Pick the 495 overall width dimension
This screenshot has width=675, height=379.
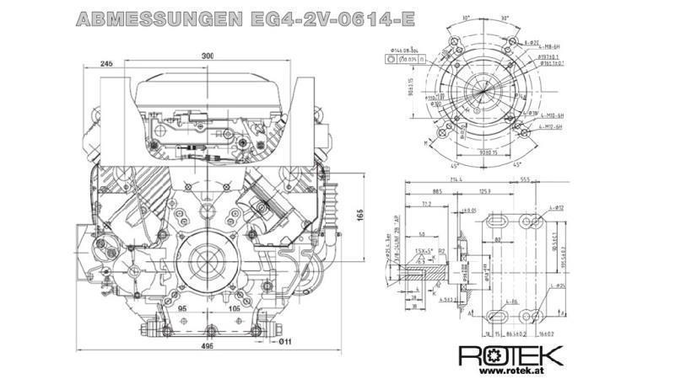click(207, 346)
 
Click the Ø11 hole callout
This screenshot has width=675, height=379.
click(286, 341)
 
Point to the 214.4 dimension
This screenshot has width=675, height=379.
click(456, 180)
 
